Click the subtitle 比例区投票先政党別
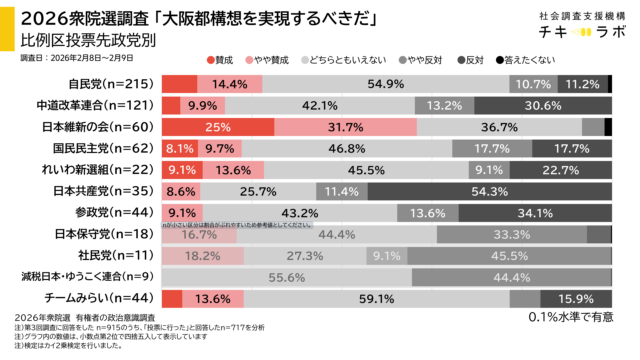point(89,40)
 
